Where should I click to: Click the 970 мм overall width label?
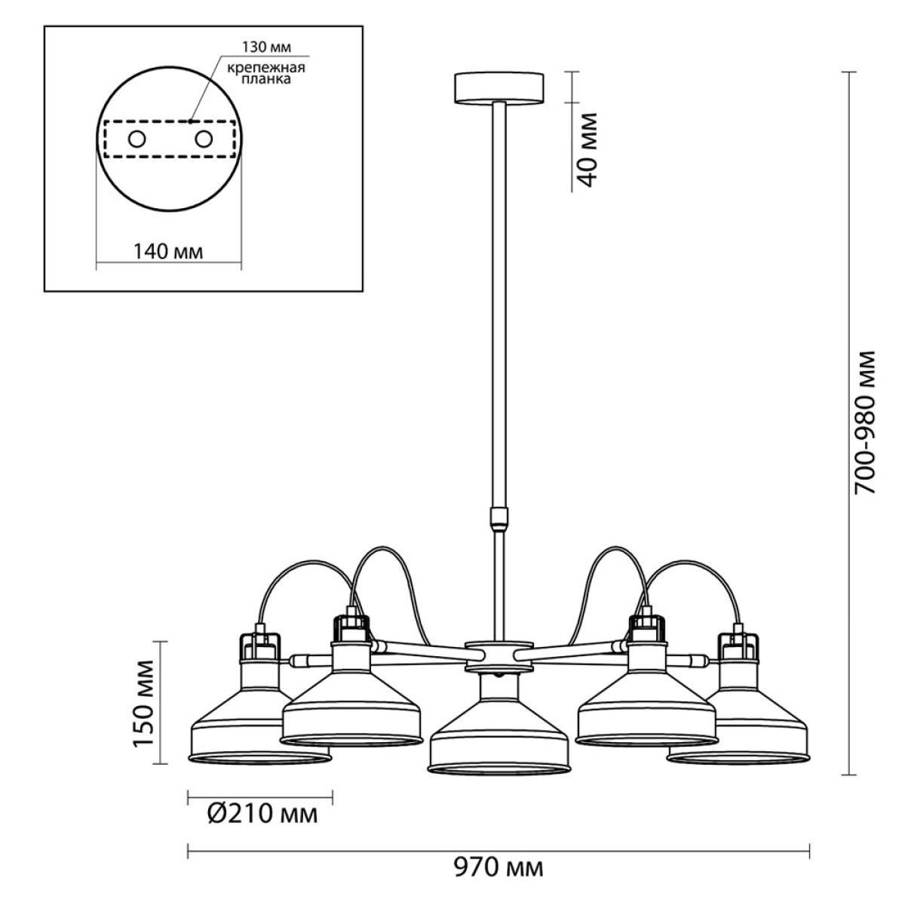coord(499,867)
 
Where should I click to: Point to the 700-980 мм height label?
coord(864,422)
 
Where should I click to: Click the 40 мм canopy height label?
coord(587,150)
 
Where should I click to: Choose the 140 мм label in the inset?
coord(169,252)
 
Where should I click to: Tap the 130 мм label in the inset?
coord(266,47)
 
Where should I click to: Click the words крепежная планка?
coord(266,73)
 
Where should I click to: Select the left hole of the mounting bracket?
coord(137,139)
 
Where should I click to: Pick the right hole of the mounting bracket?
coord(204,139)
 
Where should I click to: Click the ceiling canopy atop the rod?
coord(499,87)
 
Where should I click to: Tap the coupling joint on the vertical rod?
coord(499,518)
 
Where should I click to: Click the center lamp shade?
coord(499,725)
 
